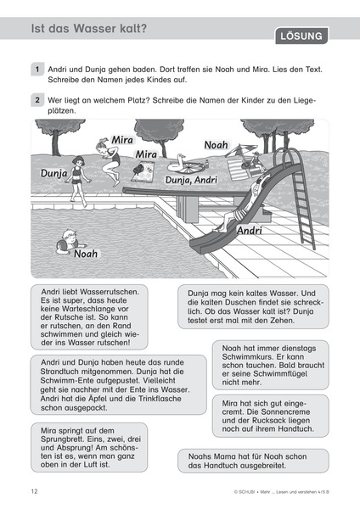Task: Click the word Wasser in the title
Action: (x=98, y=29)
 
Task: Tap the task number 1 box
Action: (x=38, y=69)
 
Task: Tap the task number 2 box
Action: (x=38, y=100)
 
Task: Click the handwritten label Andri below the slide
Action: (x=250, y=231)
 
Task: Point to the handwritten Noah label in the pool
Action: (x=86, y=253)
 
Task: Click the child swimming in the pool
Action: (x=65, y=243)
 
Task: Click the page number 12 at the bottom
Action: (x=34, y=491)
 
